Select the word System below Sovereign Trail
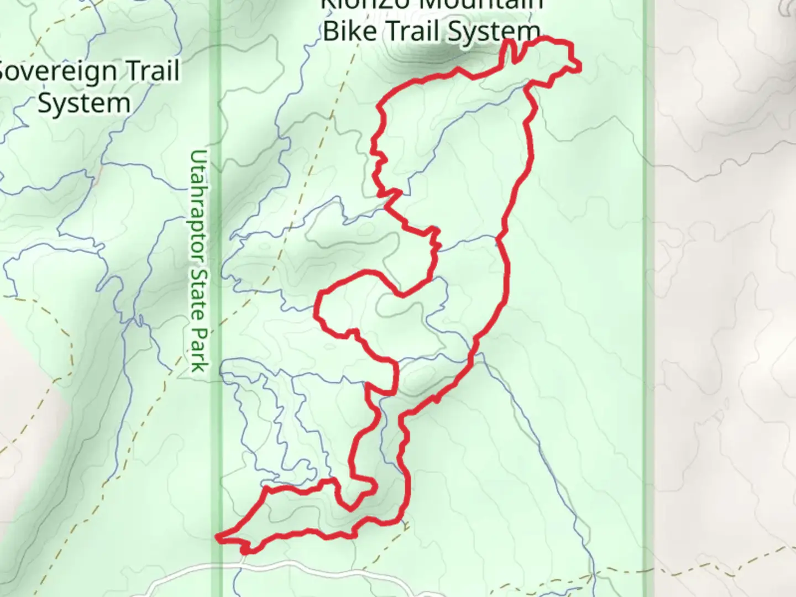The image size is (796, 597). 84,103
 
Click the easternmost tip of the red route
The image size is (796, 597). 580,67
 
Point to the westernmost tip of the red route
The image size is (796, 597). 217,536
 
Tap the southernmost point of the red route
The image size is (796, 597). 245,552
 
